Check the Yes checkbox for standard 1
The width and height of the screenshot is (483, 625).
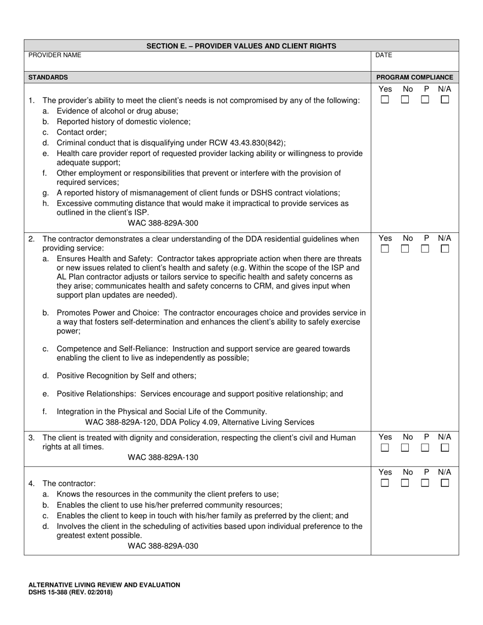click(x=385, y=100)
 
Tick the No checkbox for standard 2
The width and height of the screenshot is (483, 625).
click(x=405, y=249)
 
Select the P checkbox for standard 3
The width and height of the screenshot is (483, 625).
click(x=425, y=448)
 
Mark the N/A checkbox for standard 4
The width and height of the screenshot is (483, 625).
click(x=445, y=483)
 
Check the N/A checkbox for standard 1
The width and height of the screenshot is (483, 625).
click(x=445, y=100)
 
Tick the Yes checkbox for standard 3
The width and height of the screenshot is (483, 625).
click(x=385, y=448)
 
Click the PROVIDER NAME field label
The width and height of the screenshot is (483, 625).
click(x=54, y=55)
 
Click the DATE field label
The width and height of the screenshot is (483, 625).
click(x=383, y=55)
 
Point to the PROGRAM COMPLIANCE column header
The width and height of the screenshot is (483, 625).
click(x=414, y=77)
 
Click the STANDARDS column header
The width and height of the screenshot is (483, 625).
click(x=48, y=77)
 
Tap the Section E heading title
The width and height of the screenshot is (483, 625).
click(x=241, y=46)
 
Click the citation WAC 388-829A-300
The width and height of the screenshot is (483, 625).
click(x=163, y=223)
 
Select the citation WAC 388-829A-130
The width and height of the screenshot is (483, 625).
click(x=163, y=457)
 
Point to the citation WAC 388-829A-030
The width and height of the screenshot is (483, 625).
click(x=163, y=546)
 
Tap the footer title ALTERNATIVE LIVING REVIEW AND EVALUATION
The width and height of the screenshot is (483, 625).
click(x=104, y=585)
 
